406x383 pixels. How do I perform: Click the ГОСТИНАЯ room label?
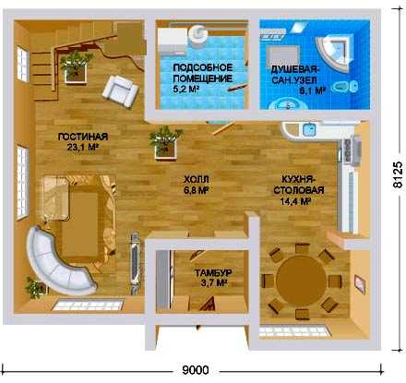[x=83, y=137]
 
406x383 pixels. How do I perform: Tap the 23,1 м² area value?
[x=82, y=148]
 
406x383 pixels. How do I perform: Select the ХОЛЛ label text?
[x=197, y=179]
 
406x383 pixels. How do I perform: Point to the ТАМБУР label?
[x=213, y=273]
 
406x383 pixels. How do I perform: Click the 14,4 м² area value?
[x=294, y=201]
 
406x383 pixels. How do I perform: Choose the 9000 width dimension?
[x=196, y=370]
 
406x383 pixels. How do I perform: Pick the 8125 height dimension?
[x=398, y=174]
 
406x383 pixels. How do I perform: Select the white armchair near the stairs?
[x=120, y=91]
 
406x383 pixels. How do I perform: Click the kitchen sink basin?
[x=309, y=129]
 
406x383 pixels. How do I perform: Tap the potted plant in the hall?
[x=165, y=141]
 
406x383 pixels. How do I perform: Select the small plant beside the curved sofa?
[x=35, y=288]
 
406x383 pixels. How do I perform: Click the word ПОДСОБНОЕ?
[x=203, y=67]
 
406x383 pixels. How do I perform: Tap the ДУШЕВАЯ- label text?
[x=295, y=69]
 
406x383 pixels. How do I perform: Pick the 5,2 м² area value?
[x=185, y=90]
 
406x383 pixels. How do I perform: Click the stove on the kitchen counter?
[x=351, y=150]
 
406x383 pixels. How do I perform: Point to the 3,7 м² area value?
[x=214, y=283]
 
